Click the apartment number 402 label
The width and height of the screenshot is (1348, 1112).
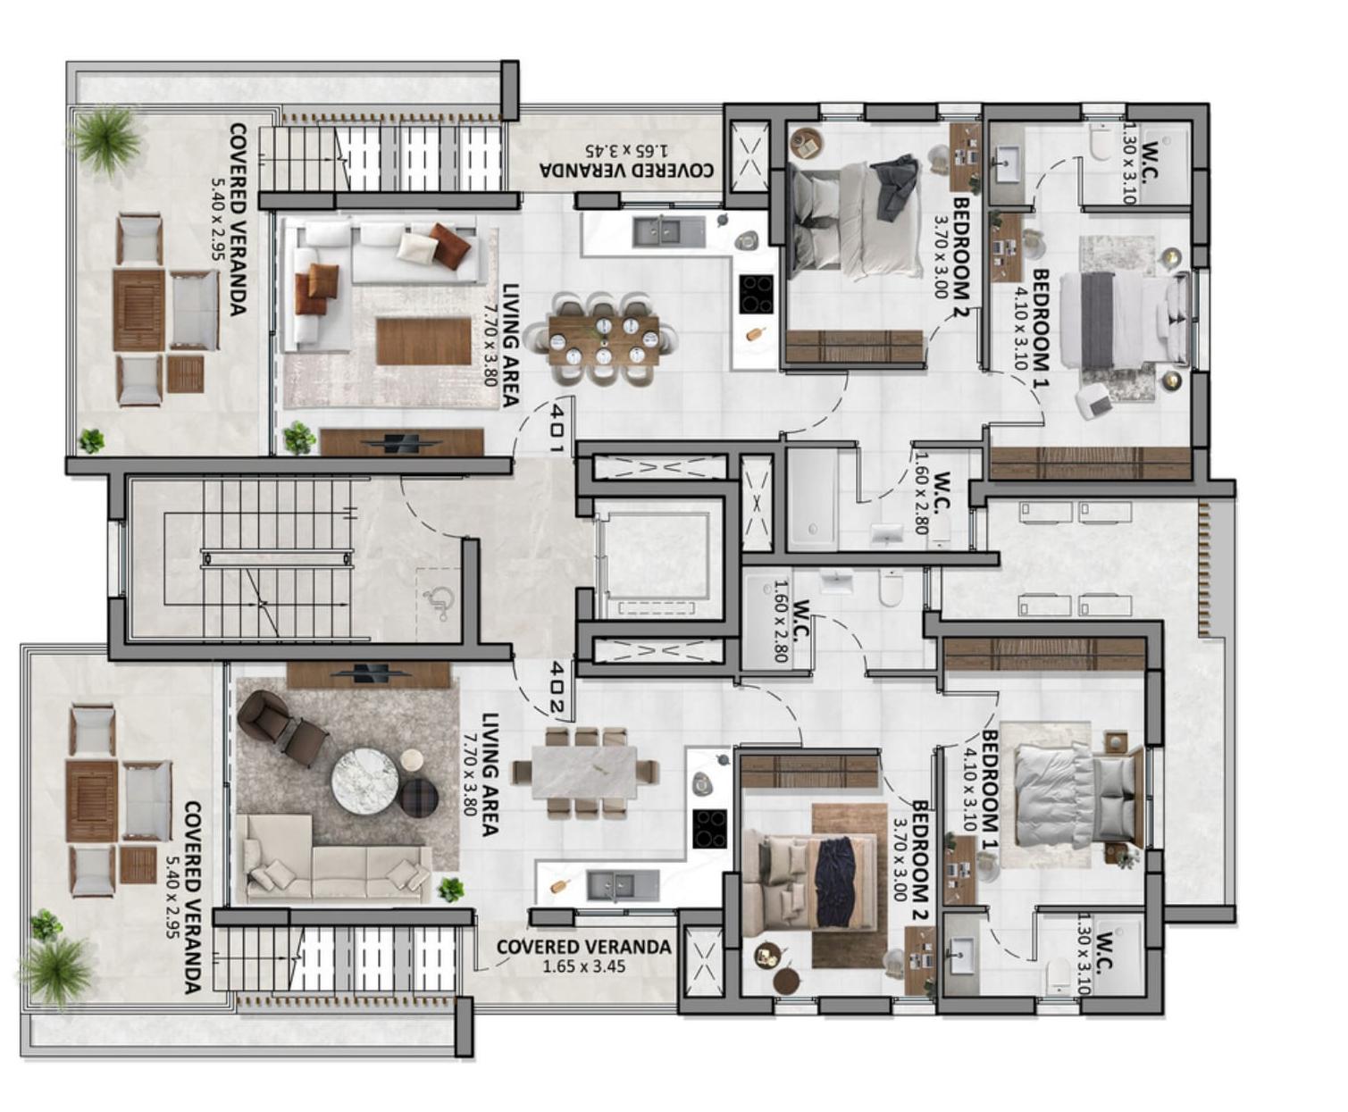click(557, 686)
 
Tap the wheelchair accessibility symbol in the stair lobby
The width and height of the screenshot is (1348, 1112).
click(438, 603)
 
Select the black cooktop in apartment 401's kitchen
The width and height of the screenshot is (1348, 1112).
click(756, 294)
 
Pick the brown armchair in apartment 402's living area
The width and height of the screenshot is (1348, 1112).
click(280, 727)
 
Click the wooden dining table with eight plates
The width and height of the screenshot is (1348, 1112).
click(604, 339)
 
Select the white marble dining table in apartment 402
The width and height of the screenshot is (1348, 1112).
click(584, 773)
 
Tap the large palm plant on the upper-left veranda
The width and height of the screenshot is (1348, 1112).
click(106, 139)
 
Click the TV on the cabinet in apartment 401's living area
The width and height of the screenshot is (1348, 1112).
click(401, 443)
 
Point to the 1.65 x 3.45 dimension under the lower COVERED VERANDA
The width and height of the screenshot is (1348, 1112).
click(583, 966)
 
